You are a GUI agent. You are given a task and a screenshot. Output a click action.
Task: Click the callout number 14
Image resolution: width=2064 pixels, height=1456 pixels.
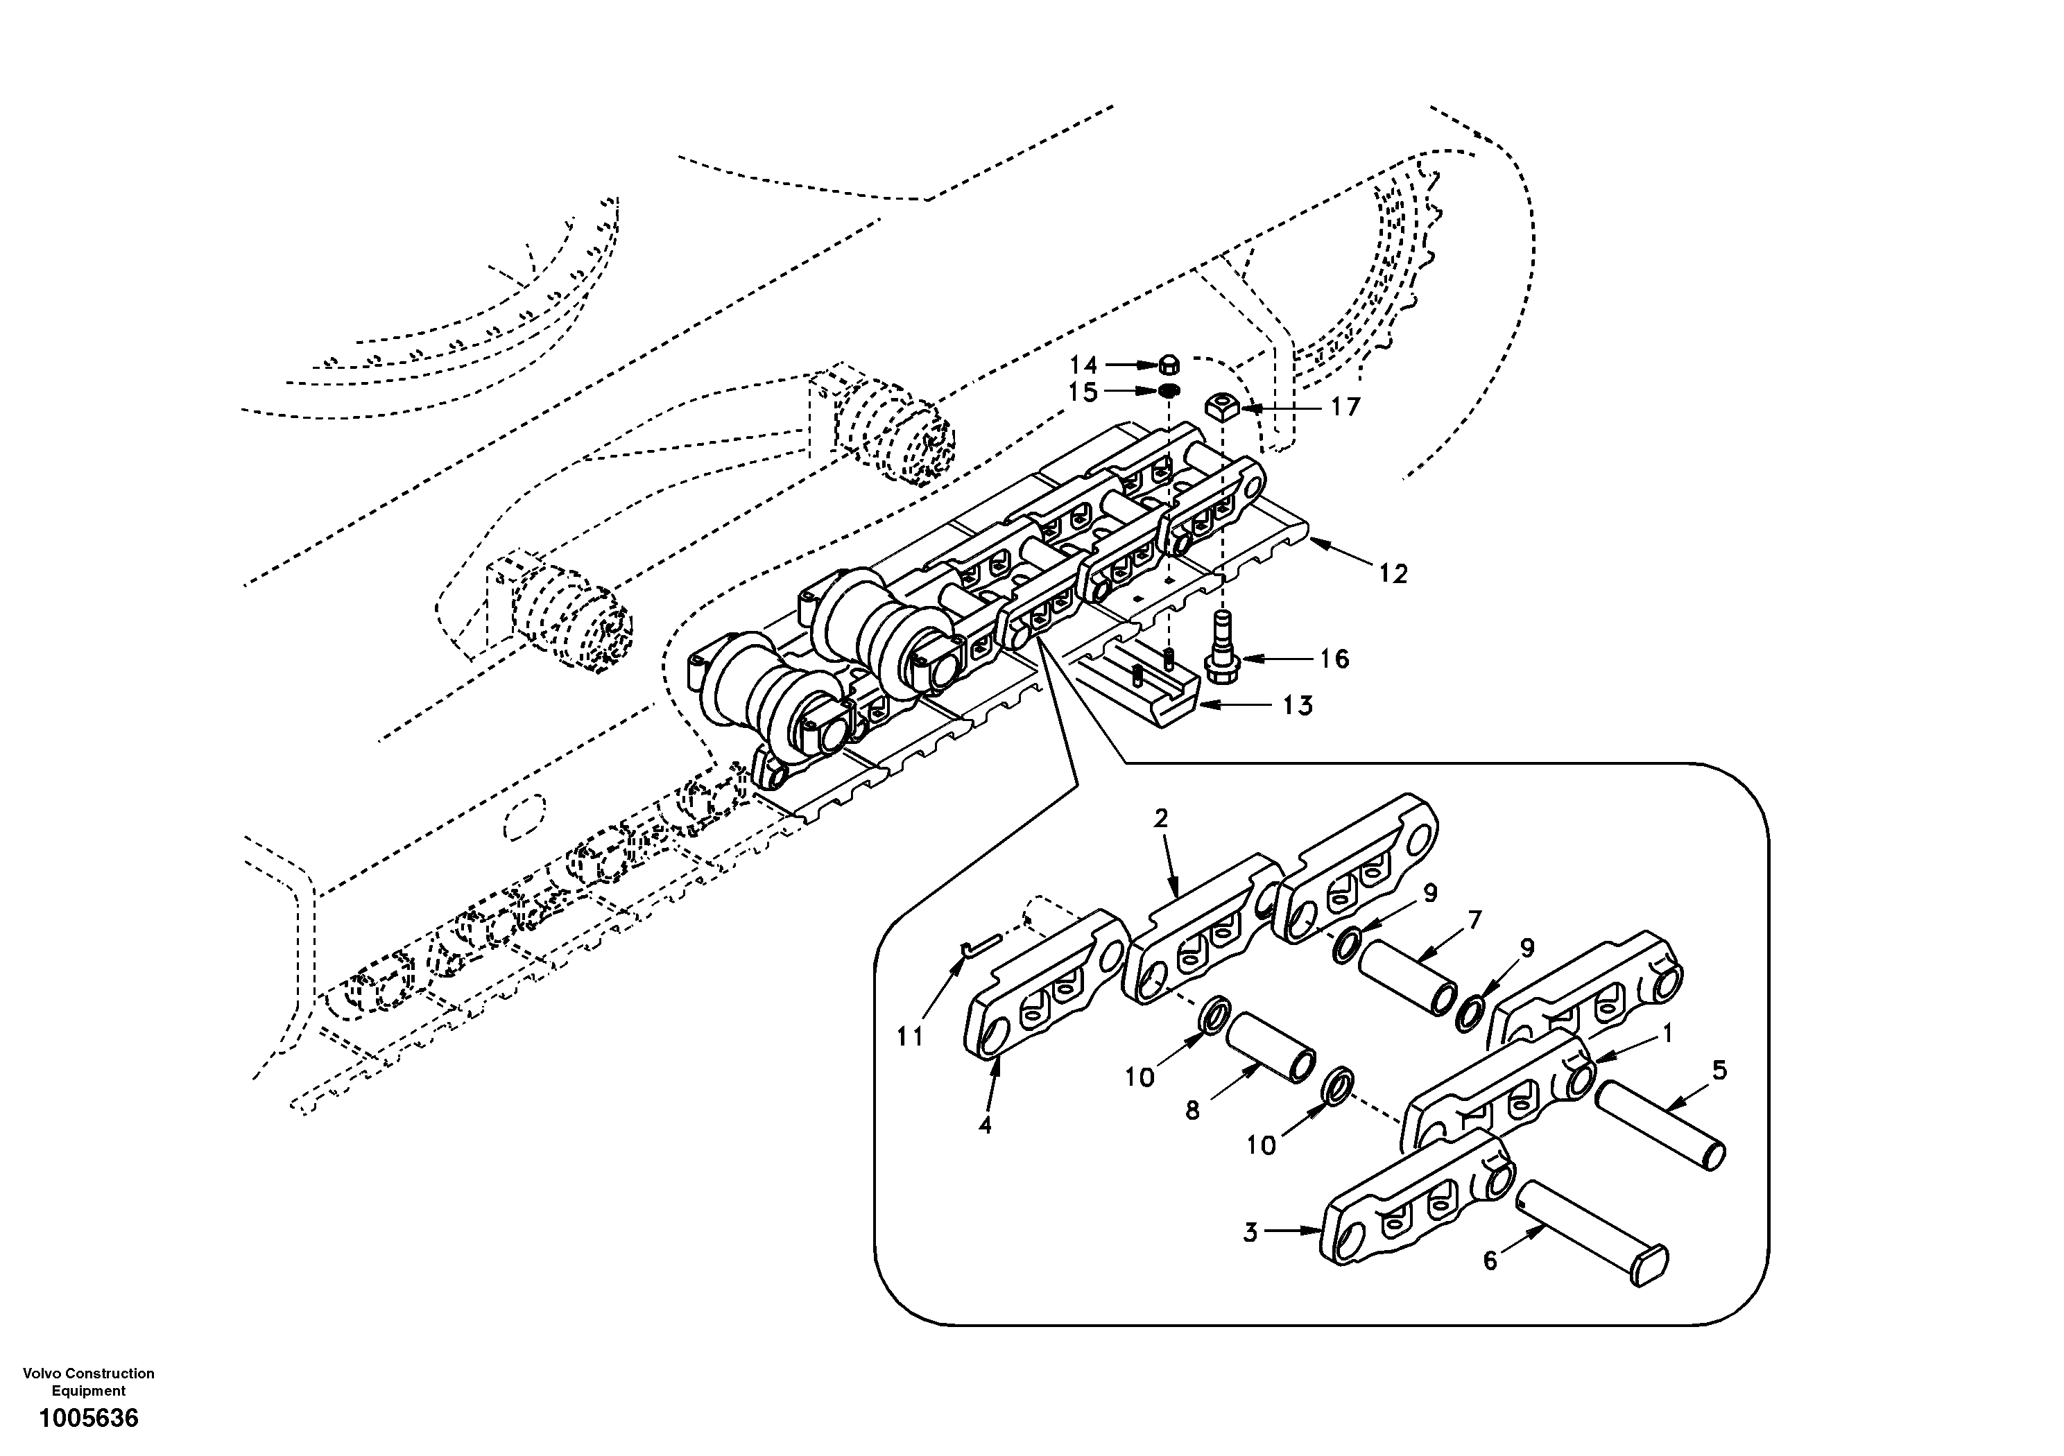[1083, 365]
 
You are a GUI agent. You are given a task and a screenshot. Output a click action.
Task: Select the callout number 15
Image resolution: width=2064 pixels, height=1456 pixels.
[1083, 392]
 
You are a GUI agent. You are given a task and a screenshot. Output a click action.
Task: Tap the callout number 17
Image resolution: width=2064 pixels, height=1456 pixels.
[1345, 407]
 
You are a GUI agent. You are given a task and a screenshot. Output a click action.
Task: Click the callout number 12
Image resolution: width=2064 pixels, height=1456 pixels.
[1393, 573]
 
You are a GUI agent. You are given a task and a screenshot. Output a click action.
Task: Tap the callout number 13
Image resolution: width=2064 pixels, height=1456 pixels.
[1297, 706]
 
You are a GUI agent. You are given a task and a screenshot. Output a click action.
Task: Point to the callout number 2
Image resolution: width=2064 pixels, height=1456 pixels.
[1160, 819]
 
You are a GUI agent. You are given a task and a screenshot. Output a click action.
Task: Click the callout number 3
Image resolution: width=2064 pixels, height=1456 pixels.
[1250, 1233]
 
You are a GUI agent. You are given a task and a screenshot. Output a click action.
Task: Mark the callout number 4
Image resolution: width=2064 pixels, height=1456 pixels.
[986, 1125]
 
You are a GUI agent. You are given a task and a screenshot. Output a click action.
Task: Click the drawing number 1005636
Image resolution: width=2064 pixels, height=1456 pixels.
[88, 1419]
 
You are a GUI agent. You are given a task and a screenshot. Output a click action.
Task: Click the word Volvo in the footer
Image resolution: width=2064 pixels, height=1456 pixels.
[40, 1373]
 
